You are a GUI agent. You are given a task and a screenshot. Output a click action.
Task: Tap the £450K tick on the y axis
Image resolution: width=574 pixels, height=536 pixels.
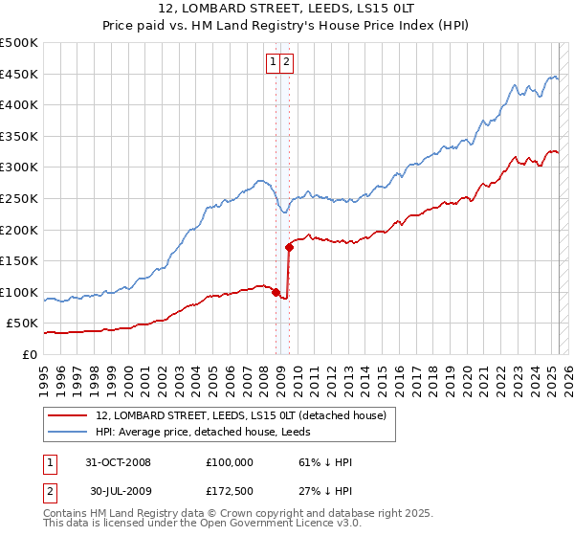pos(19,74)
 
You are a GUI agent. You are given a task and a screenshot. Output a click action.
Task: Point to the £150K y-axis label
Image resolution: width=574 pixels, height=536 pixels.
pos(19,260)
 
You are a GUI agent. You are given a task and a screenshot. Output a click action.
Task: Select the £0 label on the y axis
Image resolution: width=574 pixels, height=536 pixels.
pos(29,354)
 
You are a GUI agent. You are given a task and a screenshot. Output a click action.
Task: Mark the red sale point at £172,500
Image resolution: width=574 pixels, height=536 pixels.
pos(289,247)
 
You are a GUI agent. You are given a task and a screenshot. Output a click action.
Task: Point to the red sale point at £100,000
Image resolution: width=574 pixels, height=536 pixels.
pos(276,292)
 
